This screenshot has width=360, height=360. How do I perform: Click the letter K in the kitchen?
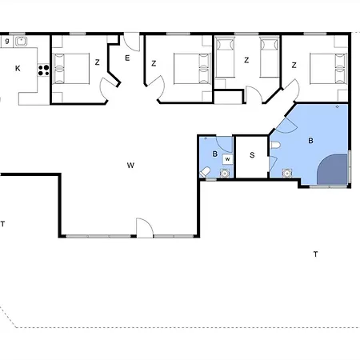coord(18,69)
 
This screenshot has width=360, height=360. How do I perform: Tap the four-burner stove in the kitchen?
coord(43,70)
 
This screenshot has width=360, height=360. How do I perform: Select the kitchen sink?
coord(21,42)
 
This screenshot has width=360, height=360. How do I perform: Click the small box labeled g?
coord(7,42)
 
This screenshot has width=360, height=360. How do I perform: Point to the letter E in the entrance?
coord(127,58)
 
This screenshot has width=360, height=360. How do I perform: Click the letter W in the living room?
coord(130,166)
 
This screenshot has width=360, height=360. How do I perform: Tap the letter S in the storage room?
coord(252,155)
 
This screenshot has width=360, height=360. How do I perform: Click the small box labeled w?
coord(227,159)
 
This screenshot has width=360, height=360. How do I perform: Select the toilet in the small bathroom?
coord(205,172)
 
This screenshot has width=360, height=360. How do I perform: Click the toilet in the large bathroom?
coord(275,146)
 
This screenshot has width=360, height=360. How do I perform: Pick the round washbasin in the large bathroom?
coord(287,174)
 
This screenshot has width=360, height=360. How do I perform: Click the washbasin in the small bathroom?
coord(225,174)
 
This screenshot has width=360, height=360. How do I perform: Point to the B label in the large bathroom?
coord(310,141)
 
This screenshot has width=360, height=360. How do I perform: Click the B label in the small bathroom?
coord(215,154)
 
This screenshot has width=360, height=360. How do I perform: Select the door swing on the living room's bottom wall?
coord(145,227)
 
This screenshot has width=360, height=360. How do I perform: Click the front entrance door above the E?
coord(132,42)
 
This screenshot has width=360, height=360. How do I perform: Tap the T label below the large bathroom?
coord(315,254)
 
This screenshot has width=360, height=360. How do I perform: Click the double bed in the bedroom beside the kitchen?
coord(71,69)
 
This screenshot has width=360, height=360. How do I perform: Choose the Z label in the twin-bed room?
coord(246,60)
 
